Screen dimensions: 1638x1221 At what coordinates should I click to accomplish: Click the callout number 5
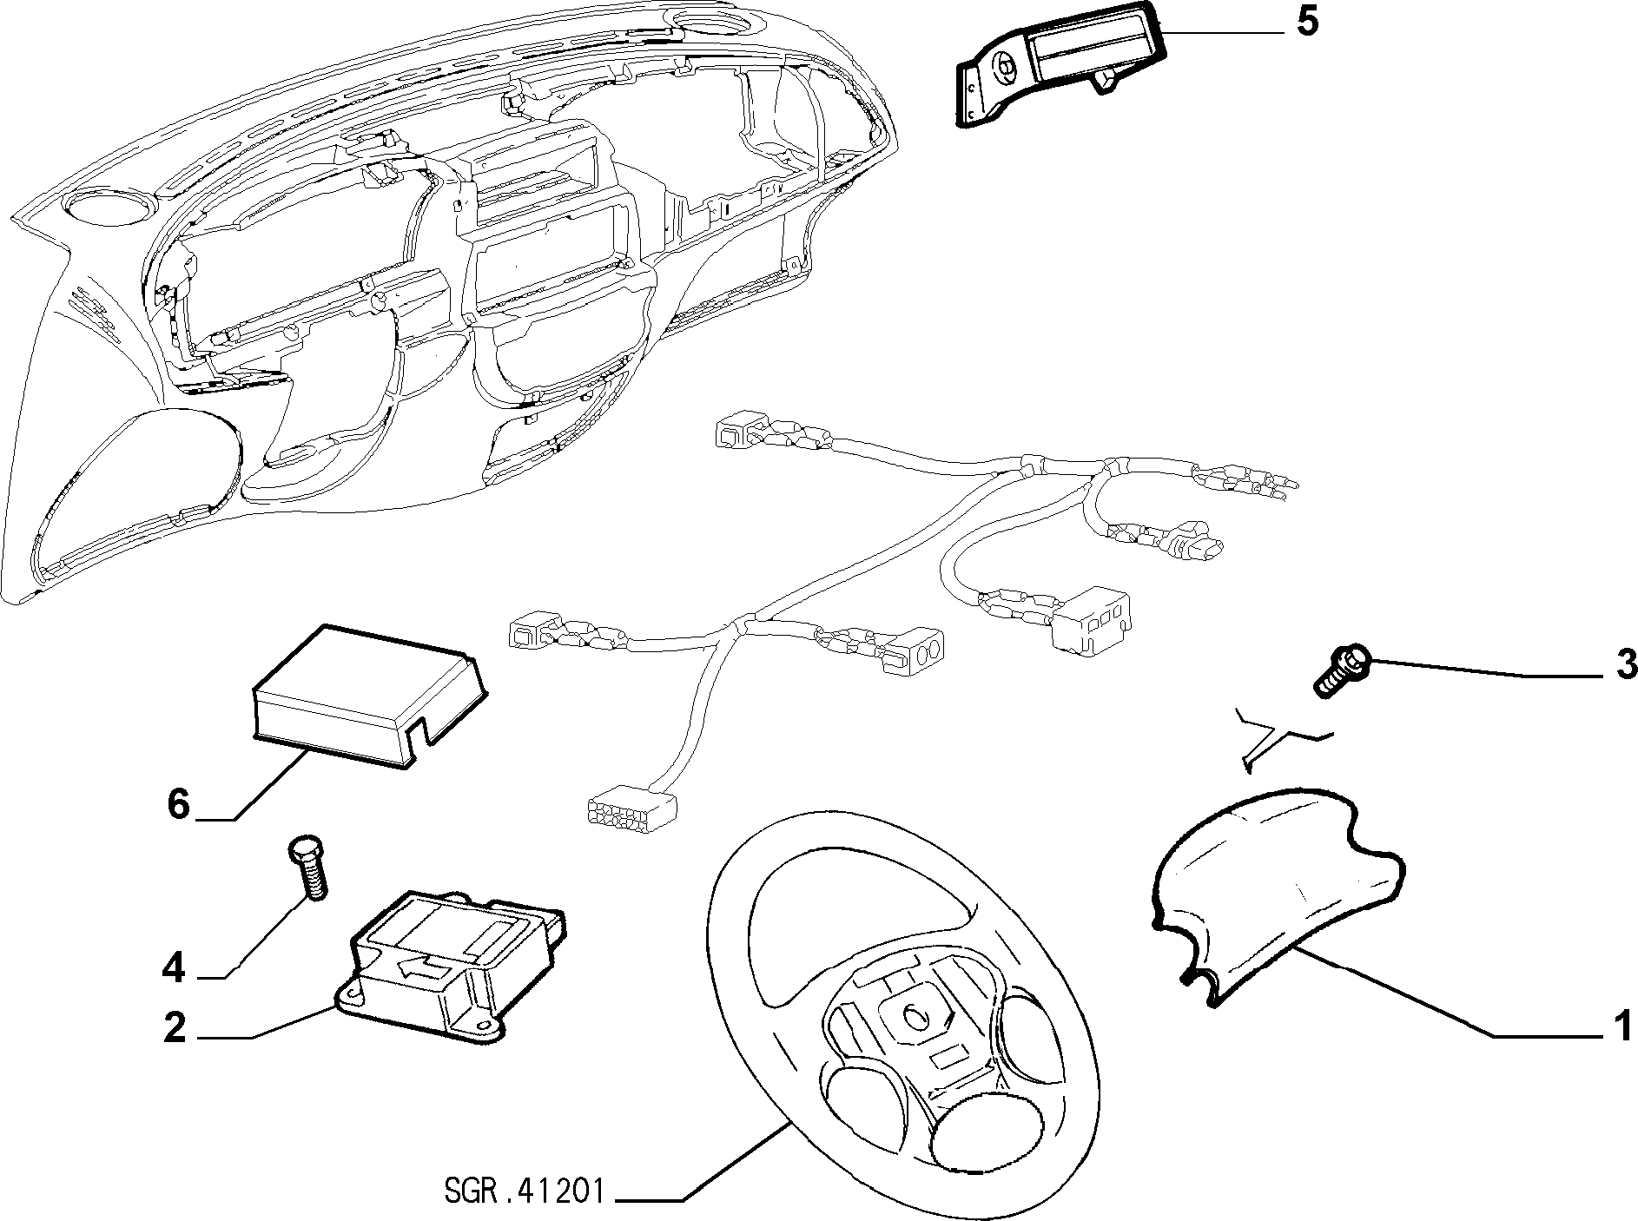tap(1307, 23)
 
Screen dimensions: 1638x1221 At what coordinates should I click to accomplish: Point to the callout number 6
tap(178, 804)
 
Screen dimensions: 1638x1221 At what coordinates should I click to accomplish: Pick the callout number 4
tap(175, 968)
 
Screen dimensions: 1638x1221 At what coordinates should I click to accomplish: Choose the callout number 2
tap(175, 1029)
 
